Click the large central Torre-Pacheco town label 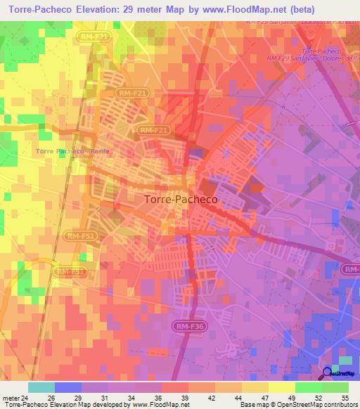tap(181, 199)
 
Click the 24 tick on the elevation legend tap(28, 397)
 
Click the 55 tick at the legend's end tap(345, 397)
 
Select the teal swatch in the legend tap(41, 387)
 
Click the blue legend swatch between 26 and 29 tap(68, 387)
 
